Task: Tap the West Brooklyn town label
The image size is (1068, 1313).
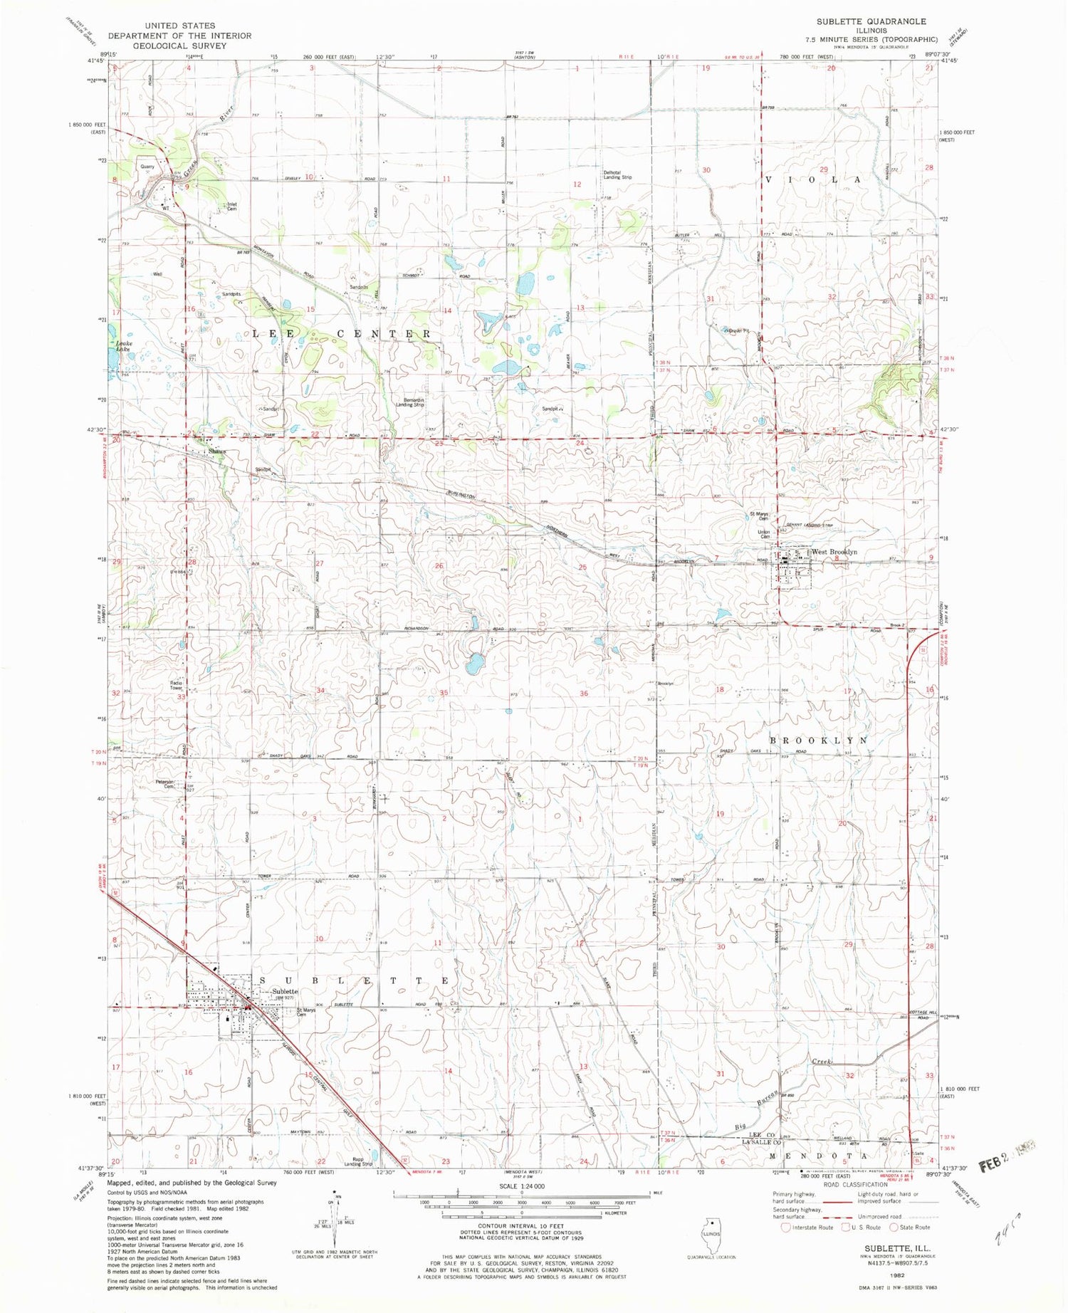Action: click(x=834, y=552)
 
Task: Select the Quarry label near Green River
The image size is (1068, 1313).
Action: click(x=147, y=167)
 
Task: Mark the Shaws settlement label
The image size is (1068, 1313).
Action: click(x=216, y=451)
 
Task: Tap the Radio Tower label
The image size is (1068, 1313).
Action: click(x=176, y=686)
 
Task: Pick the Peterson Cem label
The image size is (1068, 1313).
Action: click(x=165, y=783)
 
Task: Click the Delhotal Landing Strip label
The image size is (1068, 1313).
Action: click(x=617, y=174)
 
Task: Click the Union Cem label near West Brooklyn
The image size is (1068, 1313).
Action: click(x=764, y=533)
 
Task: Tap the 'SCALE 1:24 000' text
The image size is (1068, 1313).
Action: click(x=522, y=1186)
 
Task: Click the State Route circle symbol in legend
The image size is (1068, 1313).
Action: click(x=894, y=1227)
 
